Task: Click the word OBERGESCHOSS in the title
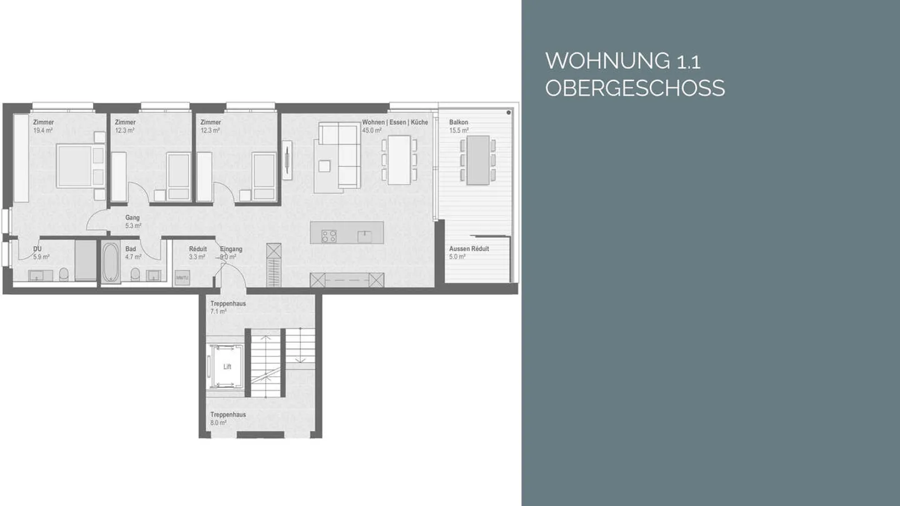click(x=634, y=88)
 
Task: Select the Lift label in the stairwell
click(x=227, y=367)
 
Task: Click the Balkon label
click(x=458, y=122)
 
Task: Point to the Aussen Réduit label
click(x=469, y=249)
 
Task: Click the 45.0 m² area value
click(x=371, y=131)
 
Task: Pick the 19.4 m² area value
click(x=42, y=131)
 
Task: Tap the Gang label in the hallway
click(x=132, y=218)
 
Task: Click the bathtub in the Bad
click(x=111, y=263)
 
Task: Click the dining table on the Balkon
click(x=478, y=160)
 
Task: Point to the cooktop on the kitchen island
click(x=329, y=236)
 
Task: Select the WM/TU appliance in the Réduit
click(x=182, y=277)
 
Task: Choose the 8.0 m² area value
click(x=218, y=423)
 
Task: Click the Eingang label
click(x=231, y=249)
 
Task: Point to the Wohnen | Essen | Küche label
click(x=395, y=122)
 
